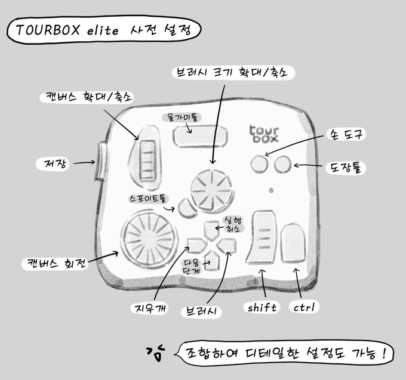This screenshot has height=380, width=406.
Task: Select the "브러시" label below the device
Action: point(201,311)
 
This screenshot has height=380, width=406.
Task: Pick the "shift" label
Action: point(262,308)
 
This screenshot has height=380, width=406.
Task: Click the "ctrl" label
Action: point(304,307)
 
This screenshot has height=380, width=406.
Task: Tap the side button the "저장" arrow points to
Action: point(100,161)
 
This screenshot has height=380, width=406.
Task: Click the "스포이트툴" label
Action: point(147,196)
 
